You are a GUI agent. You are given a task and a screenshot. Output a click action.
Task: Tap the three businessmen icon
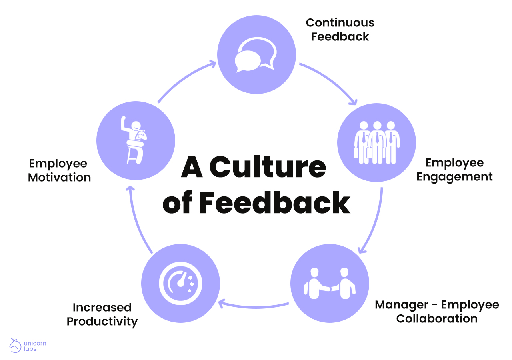(x=376, y=142)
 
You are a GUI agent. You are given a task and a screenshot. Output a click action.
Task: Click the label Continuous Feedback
(x=340, y=30)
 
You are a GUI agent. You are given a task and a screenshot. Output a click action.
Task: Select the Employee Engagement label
(x=454, y=170)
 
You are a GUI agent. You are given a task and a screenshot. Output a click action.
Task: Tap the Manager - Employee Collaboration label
(x=437, y=312)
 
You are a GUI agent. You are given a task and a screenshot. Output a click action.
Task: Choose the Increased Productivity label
(x=102, y=314)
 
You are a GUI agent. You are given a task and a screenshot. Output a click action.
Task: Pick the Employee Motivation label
(x=59, y=170)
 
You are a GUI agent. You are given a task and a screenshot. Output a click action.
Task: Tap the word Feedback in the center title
(x=274, y=203)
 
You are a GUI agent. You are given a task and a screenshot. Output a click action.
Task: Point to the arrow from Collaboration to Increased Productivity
(x=254, y=306)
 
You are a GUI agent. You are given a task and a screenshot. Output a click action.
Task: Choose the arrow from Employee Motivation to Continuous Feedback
(x=184, y=78)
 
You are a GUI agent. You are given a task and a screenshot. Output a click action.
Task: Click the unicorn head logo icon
(x=16, y=345)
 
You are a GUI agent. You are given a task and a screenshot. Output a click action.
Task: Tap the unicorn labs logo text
(x=35, y=346)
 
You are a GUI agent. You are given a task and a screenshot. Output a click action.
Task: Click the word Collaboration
(x=437, y=319)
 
